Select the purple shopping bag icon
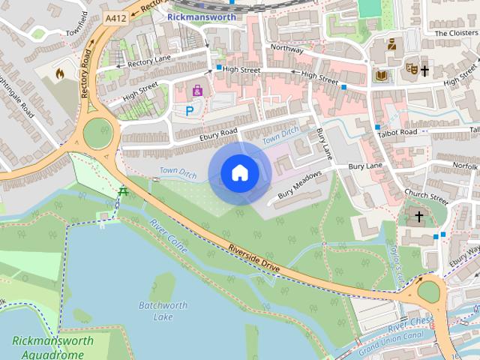pos(197,91)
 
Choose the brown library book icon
pos(382,76)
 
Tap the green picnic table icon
pos(122,193)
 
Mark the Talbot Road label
pos(398,132)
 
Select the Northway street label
pos(287,48)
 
